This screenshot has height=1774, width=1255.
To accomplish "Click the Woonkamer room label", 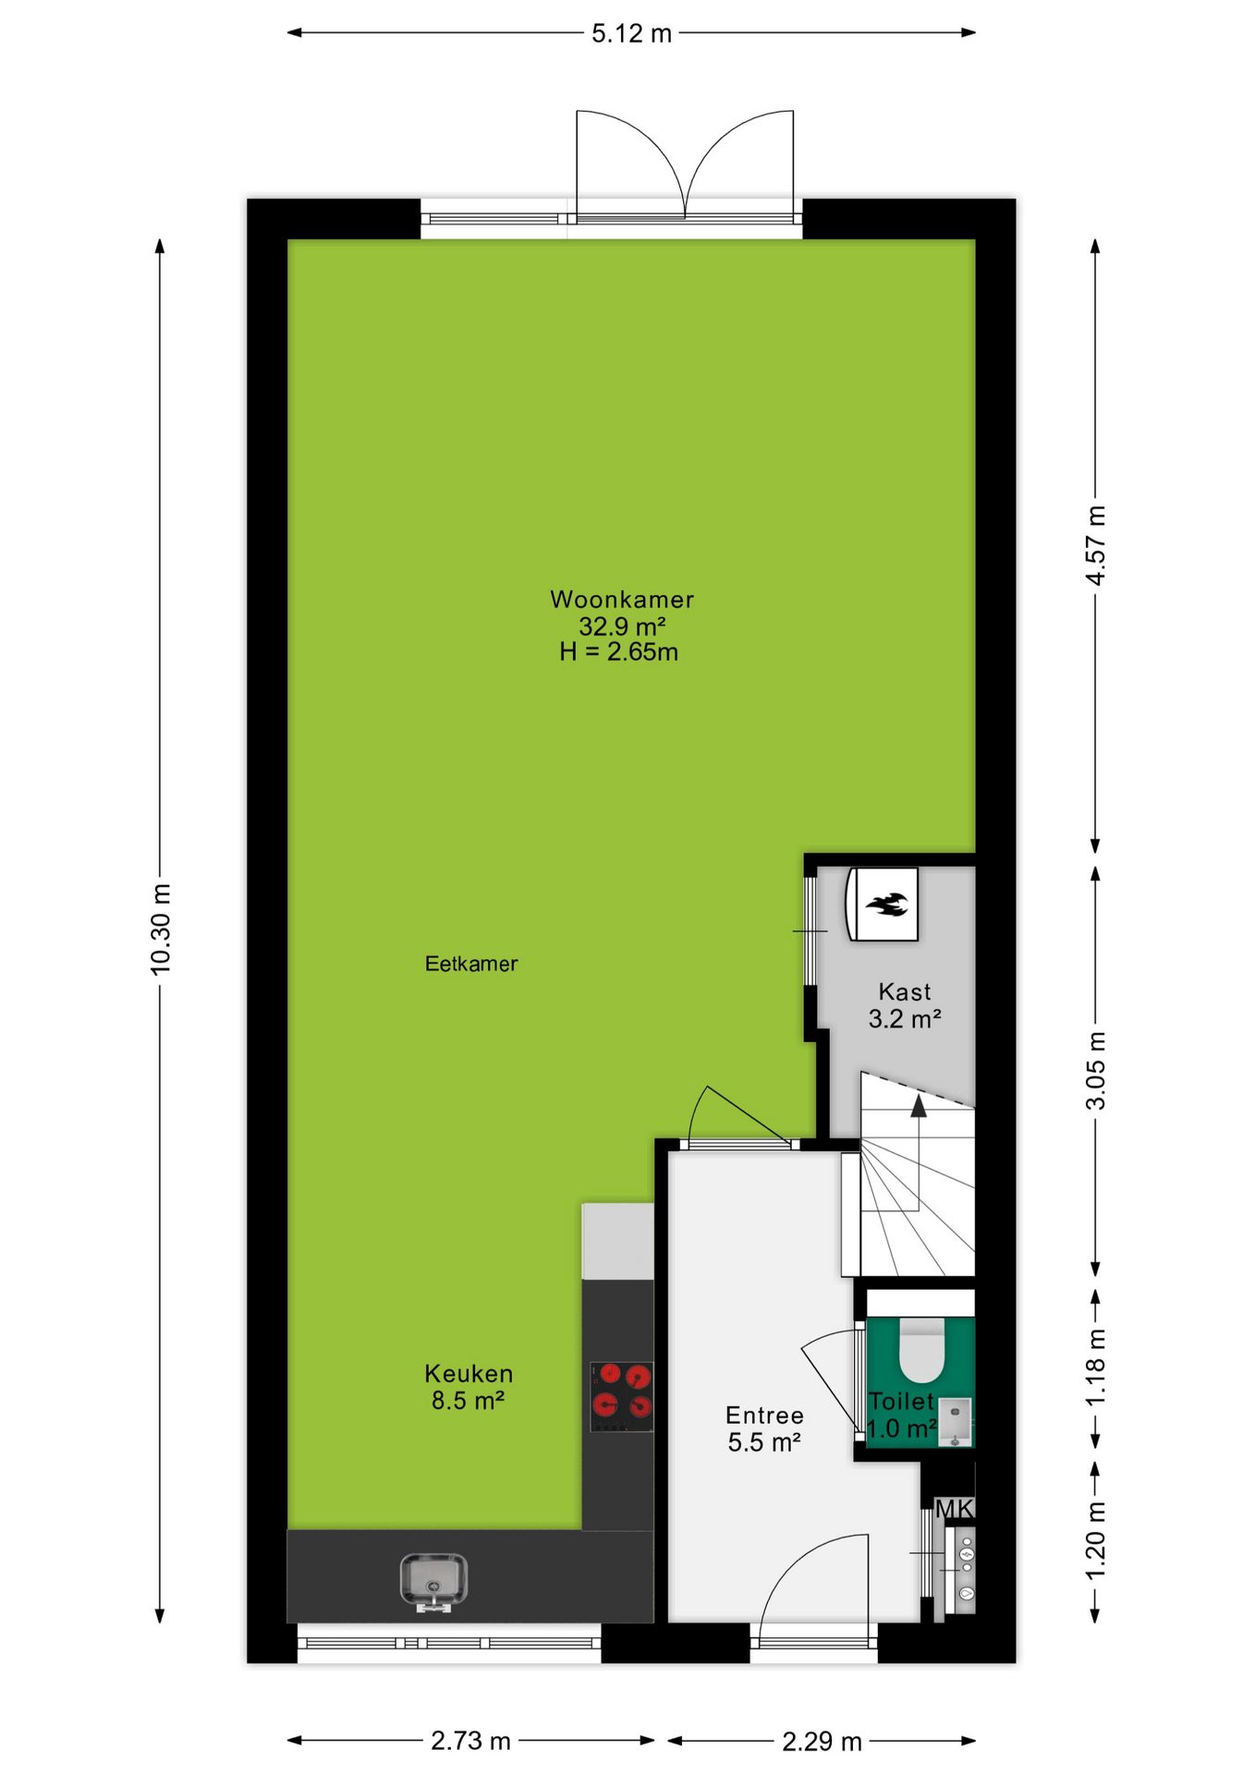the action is (x=622, y=600).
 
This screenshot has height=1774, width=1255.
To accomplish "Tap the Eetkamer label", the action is (x=471, y=964).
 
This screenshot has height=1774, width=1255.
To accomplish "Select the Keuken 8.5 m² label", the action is (x=469, y=1387).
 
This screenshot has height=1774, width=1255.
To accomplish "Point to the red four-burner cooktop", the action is (x=622, y=1397).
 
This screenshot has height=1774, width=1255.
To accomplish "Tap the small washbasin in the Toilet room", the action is (x=956, y=1422).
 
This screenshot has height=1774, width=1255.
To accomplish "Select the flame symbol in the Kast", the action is (x=887, y=904).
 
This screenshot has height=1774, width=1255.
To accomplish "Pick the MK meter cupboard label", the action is (x=954, y=1509).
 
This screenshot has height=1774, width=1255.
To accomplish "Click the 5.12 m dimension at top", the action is (x=632, y=33).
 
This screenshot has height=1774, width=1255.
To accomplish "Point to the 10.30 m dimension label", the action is (x=161, y=929).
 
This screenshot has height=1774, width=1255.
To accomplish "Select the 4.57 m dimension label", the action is (x=1096, y=545).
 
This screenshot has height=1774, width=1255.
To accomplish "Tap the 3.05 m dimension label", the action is (x=1096, y=1071).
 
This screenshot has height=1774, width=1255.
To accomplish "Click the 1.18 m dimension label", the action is (x=1096, y=1368).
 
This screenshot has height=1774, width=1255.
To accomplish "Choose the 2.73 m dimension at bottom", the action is (x=470, y=1741).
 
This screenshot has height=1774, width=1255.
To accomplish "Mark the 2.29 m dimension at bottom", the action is (x=822, y=1742).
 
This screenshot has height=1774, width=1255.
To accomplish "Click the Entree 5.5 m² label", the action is (x=764, y=1428).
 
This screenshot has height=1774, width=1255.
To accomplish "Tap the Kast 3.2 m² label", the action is (x=905, y=1005).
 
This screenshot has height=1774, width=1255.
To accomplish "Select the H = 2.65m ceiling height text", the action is (x=619, y=652).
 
